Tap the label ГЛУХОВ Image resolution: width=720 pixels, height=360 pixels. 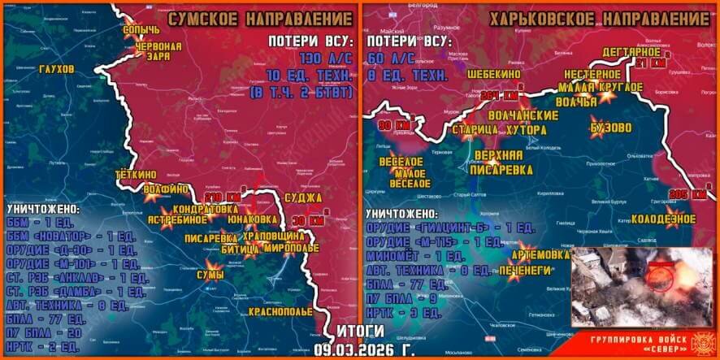(x=55, y=67)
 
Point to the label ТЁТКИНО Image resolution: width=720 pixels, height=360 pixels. (x=135, y=174)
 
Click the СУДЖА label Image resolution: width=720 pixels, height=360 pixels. (x=304, y=197)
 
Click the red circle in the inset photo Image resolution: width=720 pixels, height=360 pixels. (x=662, y=277)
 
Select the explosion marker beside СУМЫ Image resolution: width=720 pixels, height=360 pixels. (x=213, y=264)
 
